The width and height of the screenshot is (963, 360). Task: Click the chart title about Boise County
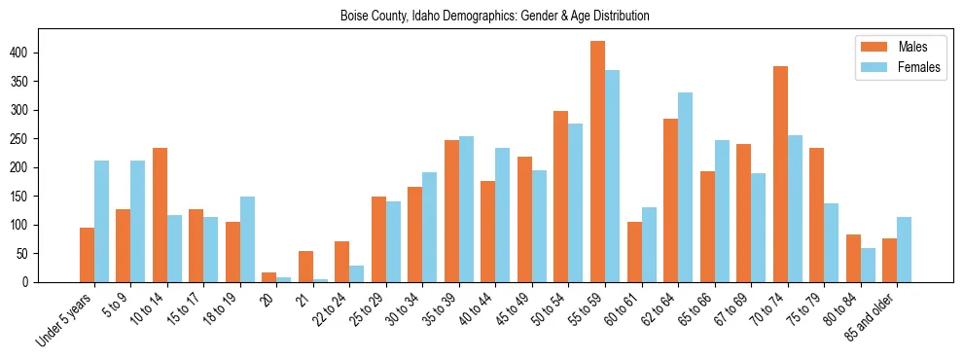coord(495,16)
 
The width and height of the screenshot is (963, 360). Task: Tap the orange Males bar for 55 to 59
coord(597,162)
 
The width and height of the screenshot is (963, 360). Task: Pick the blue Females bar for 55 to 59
coord(612,176)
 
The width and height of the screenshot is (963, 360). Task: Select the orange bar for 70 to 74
coord(780,174)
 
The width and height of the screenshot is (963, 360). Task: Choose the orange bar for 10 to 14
coord(160,215)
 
